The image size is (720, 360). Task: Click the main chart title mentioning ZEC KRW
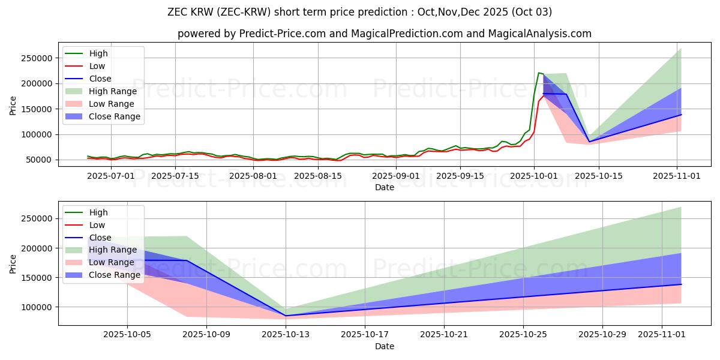click(360, 12)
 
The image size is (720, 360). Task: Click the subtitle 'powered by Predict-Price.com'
click(384, 34)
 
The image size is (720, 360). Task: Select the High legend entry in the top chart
click(98, 53)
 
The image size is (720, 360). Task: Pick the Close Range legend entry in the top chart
click(114, 116)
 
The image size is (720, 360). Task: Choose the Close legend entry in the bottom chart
click(100, 238)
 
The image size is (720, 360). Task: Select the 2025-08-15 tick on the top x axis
click(317, 176)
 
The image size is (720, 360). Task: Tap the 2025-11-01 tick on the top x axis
click(677, 176)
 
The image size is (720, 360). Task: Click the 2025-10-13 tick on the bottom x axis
click(286, 335)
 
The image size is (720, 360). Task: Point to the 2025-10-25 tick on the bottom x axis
click(523, 335)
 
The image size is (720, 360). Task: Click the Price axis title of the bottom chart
click(13, 262)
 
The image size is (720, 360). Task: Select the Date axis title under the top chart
click(384, 187)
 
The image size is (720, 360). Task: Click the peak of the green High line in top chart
click(539, 73)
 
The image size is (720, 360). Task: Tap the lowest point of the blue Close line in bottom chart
click(286, 316)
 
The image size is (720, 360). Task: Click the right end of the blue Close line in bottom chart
click(681, 284)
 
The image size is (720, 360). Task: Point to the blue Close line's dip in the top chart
click(589, 142)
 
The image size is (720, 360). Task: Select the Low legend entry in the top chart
click(97, 66)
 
